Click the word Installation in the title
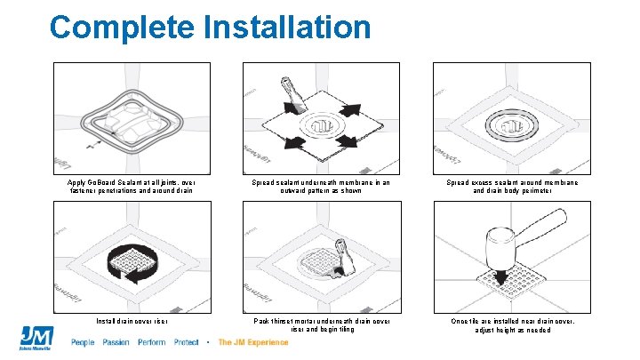pyautogui.click(x=287, y=27)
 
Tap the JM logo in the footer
pyautogui.click(x=37, y=338)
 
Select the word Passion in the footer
pyautogui.click(x=116, y=342)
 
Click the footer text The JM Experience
pyautogui.click(x=253, y=342)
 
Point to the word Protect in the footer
pyautogui.click(x=187, y=342)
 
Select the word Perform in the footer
pyautogui.click(x=152, y=342)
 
